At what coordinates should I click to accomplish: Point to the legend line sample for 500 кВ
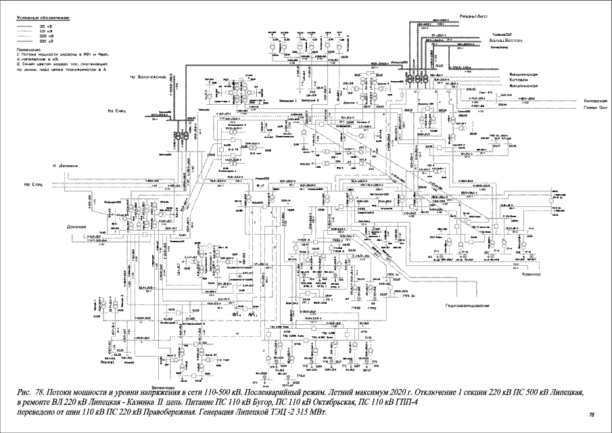point(25,41)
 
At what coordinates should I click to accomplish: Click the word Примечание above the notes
point(28,50)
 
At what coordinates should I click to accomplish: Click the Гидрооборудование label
point(467,306)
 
